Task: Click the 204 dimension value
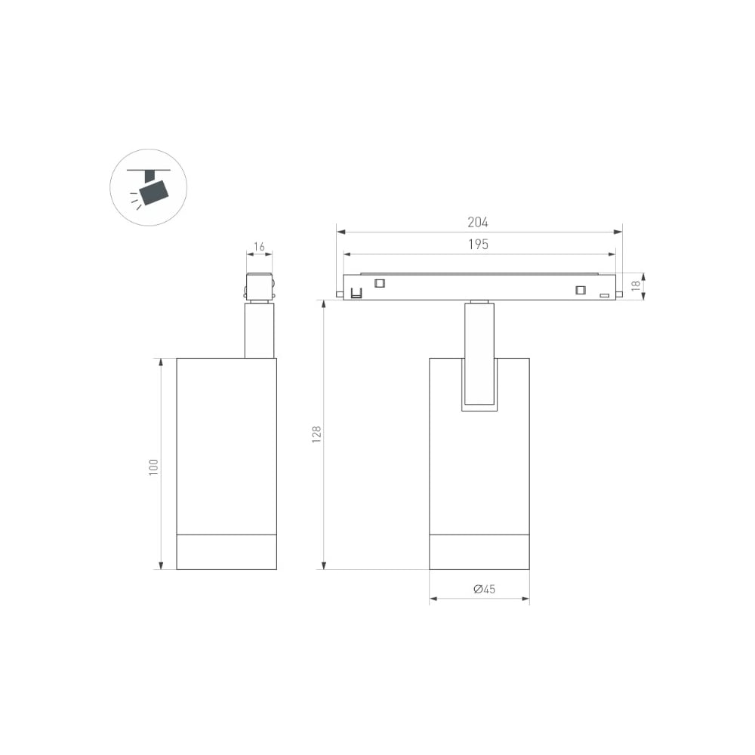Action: point(478,222)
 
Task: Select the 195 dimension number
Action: point(478,244)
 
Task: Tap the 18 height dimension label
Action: point(636,285)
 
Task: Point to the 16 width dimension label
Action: point(259,247)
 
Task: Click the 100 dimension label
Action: point(153,467)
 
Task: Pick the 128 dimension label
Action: point(316,434)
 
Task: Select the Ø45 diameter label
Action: point(484,589)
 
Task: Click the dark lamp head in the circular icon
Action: point(154,192)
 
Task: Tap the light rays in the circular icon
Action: point(136,201)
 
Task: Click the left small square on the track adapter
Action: point(380,283)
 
